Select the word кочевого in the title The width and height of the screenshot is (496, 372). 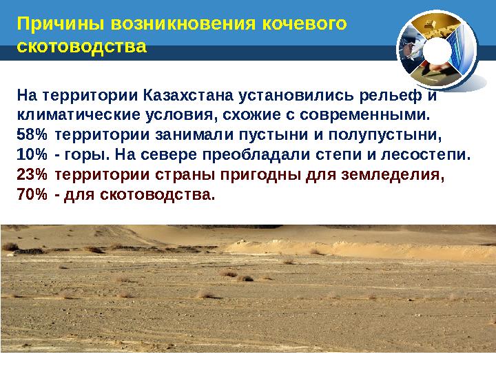point(304,25)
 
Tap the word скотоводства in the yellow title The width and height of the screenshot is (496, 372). point(81,48)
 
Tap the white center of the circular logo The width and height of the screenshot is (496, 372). point(435,51)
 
